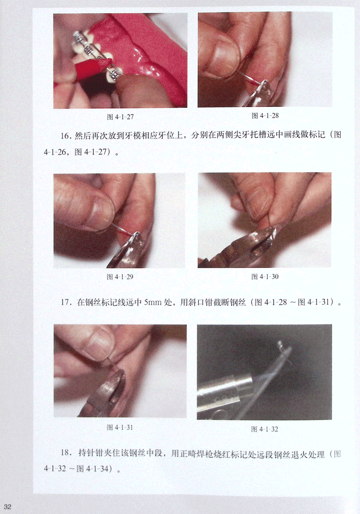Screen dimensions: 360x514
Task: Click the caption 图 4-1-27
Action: click(120, 117)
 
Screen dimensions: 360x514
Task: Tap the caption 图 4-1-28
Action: click(265, 115)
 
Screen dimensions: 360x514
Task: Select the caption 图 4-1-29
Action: click(120, 277)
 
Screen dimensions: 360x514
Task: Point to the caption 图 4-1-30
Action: click(265, 276)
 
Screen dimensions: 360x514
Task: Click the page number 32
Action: click(7, 507)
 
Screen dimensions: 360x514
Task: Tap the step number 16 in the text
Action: click(65, 136)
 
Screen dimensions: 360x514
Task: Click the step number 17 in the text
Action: click(65, 302)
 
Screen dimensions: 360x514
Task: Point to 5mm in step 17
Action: click(153, 302)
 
